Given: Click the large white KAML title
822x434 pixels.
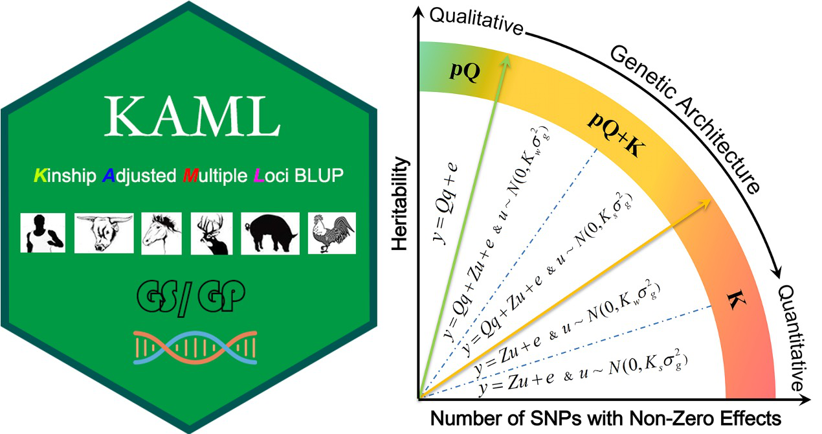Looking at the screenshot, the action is [192, 117].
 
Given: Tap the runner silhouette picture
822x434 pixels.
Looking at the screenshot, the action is [43, 233].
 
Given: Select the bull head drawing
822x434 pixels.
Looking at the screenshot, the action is [104, 233].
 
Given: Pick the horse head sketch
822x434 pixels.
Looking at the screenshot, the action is [161, 233].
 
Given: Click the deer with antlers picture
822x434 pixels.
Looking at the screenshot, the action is [212, 233].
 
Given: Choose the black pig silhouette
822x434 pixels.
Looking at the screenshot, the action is [270, 233].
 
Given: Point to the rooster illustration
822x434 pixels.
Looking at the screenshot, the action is [332, 233].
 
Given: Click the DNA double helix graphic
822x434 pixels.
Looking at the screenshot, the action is [195, 347].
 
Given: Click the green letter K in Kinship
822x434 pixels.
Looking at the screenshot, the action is [40, 175].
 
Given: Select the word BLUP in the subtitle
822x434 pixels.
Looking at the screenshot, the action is [319, 175].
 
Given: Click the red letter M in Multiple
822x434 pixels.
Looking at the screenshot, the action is [190, 175].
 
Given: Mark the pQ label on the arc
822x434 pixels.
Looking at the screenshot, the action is [465, 71].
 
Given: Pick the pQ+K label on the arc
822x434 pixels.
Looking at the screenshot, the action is [616, 134].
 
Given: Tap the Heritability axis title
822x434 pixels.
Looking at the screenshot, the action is [399, 204].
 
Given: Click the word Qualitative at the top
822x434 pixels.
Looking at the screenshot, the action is [476, 21].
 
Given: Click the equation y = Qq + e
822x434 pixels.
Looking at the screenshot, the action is [445, 203].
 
